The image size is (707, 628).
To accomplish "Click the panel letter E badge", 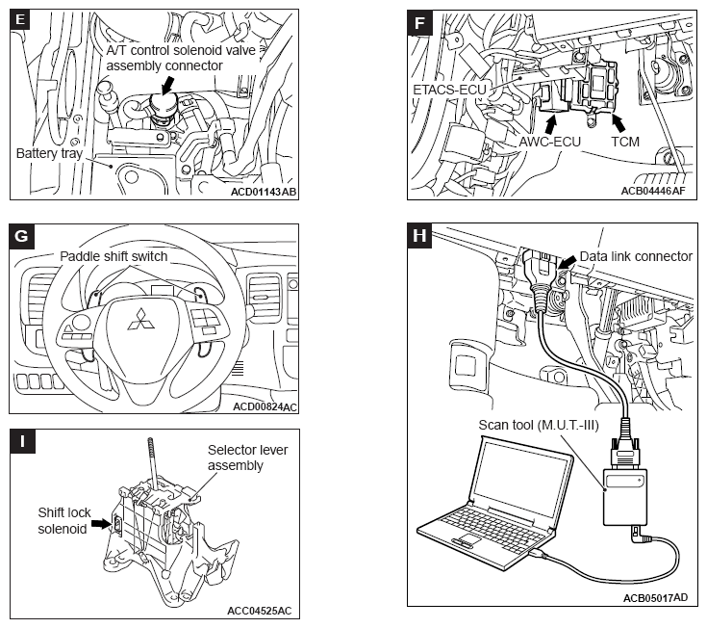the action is pyautogui.click(x=20, y=20).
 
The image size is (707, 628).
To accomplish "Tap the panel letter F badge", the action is pyautogui.click(x=419, y=22).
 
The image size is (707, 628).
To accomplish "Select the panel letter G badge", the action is pyautogui.click(x=21, y=236).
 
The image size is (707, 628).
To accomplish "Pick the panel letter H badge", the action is pyautogui.click(x=419, y=235).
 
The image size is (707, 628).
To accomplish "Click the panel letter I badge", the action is pyautogui.click(x=22, y=441).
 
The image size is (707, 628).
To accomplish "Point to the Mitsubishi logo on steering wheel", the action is pyautogui.click(x=141, y=319).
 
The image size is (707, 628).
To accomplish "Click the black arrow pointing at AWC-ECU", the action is pyautogui.click(x=550, y=124).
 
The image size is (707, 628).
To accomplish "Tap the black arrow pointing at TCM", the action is pyautogui.click(x=619, y=122).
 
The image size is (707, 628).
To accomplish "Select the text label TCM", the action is pyautogui.click(x=625, y=142).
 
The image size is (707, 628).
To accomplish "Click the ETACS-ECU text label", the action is pyautogui.click(x=449, y=90).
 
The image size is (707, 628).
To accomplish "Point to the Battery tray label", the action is pyautogui.click(x=49, y=153).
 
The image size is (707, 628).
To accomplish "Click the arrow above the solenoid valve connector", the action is pyautogui.click(x=167, y=85).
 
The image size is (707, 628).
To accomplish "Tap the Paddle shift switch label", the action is pyautogui.click(x=114, y=256).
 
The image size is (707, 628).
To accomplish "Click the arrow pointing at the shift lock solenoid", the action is pyautogui.click(x=101, y=523).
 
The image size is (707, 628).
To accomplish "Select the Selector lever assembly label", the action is pyautogui.click(x=247, y=458).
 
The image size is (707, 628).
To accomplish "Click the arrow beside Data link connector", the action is pyautogui.click(x=567, y=262).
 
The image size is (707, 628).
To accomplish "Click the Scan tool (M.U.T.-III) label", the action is pyautogui.click(x=539, y=425).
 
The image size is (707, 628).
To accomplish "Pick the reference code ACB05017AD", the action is pyautogui.click(x=656, y=598).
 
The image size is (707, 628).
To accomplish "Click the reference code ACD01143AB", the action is pyautogui.click(x=264, y=192).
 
